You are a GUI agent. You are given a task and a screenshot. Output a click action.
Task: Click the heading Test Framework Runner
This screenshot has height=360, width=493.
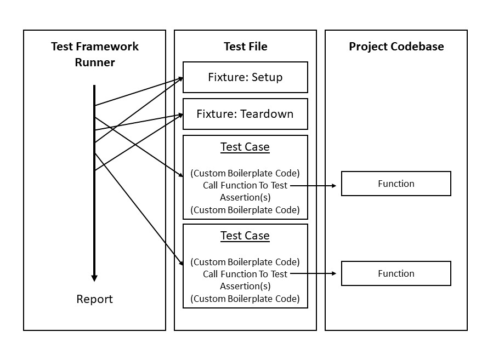(95, 54)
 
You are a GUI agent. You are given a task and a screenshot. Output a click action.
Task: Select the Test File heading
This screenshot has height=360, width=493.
(246, 47)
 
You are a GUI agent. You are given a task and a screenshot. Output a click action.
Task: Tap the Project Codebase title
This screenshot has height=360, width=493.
(396, 47)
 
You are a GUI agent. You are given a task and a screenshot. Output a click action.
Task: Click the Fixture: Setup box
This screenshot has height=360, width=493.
(245, 77)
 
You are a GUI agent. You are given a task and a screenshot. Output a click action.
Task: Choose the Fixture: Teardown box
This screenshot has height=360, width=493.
(245, 114)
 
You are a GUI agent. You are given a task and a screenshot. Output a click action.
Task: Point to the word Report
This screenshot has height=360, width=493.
(94, 299)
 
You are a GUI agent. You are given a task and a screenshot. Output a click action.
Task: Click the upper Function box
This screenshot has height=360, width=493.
(396, 184)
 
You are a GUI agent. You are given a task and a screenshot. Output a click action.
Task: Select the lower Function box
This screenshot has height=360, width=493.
(396, 273)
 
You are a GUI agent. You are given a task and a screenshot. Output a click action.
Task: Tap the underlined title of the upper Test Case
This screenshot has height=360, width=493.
(245, 147)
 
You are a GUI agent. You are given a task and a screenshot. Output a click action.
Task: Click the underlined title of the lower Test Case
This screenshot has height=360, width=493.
(245, 236)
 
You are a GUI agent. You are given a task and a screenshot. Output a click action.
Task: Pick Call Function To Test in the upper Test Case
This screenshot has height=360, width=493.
(245, 185)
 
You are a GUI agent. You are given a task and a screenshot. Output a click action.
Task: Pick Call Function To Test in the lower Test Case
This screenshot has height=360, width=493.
(245, 274)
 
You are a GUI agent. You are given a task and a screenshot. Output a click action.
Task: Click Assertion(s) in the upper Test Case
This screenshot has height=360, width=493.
(245, 198)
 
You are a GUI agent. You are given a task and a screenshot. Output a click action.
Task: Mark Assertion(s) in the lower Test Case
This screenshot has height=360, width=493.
(245, 286)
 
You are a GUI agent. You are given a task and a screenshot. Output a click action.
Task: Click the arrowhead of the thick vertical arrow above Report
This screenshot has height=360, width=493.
(94, 278)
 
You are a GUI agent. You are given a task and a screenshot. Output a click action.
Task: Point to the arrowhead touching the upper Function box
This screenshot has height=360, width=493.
(334, 186)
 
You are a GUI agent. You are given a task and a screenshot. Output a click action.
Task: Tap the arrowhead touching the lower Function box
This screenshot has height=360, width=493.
(334, 273)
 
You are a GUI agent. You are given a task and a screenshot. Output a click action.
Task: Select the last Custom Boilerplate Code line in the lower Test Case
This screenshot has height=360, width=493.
(245, 299)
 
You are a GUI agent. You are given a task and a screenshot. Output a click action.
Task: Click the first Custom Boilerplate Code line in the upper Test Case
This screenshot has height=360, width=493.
(245, 173)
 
